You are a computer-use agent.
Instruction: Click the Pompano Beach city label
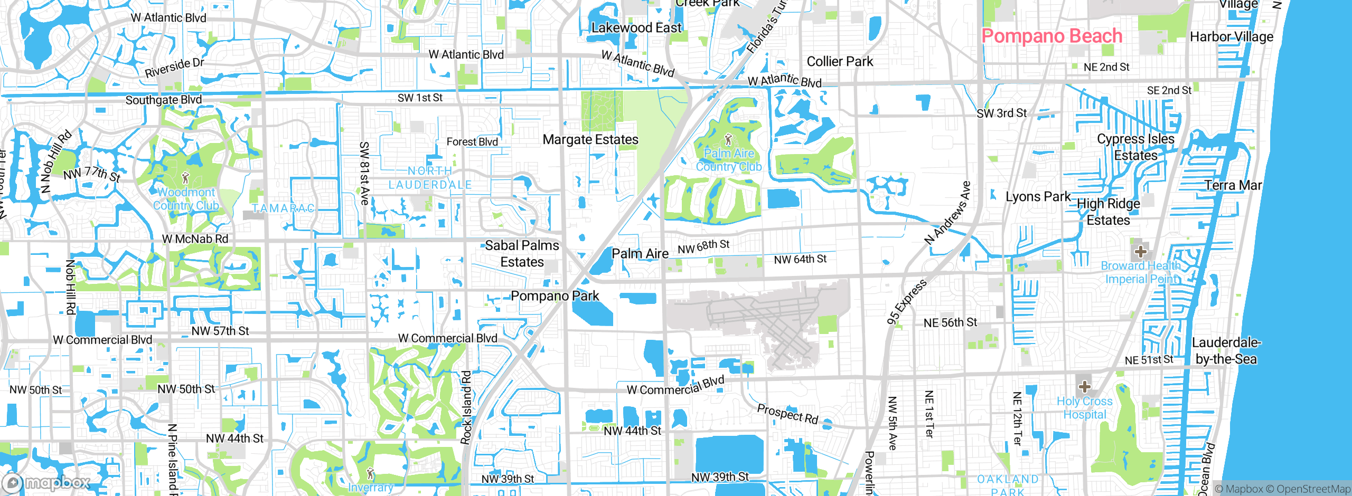coord(1051,36)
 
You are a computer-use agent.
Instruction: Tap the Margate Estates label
coord(590,139)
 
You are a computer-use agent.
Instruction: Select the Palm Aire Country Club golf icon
coord(728,140)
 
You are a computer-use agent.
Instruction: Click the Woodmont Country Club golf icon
coord(185,178)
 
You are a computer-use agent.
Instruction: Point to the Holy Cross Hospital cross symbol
coord(1084,387)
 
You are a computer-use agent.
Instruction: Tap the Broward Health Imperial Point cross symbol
coord(1140,251)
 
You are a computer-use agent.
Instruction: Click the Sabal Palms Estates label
coord(522,253)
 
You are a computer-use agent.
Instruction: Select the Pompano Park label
coord(555,296)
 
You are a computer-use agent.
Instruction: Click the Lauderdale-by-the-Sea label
coord(1226,351)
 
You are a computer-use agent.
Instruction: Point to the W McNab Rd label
coord(195,239)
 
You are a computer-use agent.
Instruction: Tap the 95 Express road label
coord(907,302)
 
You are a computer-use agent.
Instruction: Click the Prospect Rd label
coord(787,414)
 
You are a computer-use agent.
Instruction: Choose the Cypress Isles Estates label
coord(1135,147)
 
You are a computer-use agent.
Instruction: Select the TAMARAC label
coord(283,208)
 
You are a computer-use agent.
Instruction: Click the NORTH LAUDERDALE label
coord(430,178)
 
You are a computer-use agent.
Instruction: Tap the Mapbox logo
coord(46,482)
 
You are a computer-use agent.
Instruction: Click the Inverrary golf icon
coord(370,473)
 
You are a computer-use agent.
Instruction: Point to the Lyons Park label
coord(1038,196)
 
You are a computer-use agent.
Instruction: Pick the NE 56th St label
coord(950,322)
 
